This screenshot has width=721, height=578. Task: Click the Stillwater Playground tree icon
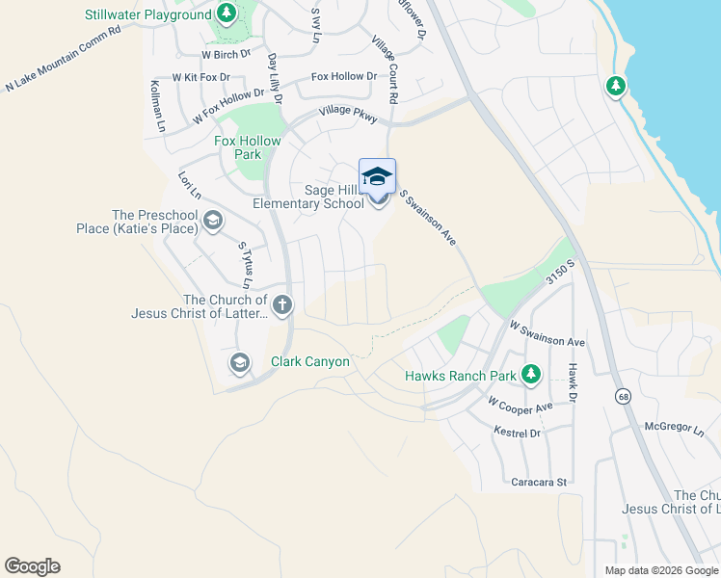tap(226, 13)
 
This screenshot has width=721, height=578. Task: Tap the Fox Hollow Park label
tap(248, 147)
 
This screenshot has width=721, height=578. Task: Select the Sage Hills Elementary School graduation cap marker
tap(377, 177)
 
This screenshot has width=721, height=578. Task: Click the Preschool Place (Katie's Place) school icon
tap(212, 223)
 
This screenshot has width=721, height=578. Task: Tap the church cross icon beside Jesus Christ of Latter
tap(281, 306)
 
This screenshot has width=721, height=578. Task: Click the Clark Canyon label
tap(309, 362)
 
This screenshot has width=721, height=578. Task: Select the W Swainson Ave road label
tap(547, 335)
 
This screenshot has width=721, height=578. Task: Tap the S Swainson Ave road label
tap(427, 217)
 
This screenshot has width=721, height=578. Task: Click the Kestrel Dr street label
tap(517, 433)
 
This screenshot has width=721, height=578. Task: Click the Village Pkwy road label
tap(349, 113)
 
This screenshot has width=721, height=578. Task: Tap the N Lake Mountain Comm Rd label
tap(63, 59)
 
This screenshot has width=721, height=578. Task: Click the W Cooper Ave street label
tap(520, 405)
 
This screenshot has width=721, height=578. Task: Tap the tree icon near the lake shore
tap(615, 87)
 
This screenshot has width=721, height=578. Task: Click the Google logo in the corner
tap(32, 566)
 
